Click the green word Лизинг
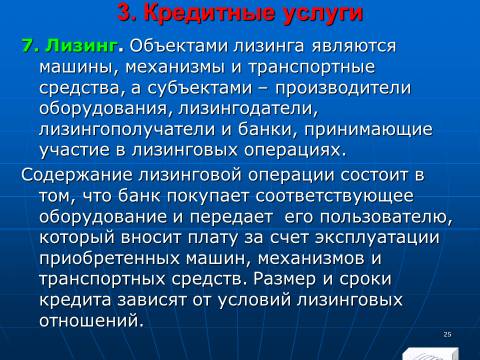(x=82, y=46)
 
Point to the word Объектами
(x=179, y=46)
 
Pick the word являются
(x=354, y=46)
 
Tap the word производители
(x=343, y=88)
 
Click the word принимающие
(x=368, y=130)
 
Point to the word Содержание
(x=77, y=175)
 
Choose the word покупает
(x=208, y=196)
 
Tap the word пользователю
(x=386, y=217)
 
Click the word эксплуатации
(x=377, y=238)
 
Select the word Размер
(x=284, y=279)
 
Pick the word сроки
(x=365, y=279)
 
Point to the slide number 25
(x=448, y=334)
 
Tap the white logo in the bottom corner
(x=430, y=354)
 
